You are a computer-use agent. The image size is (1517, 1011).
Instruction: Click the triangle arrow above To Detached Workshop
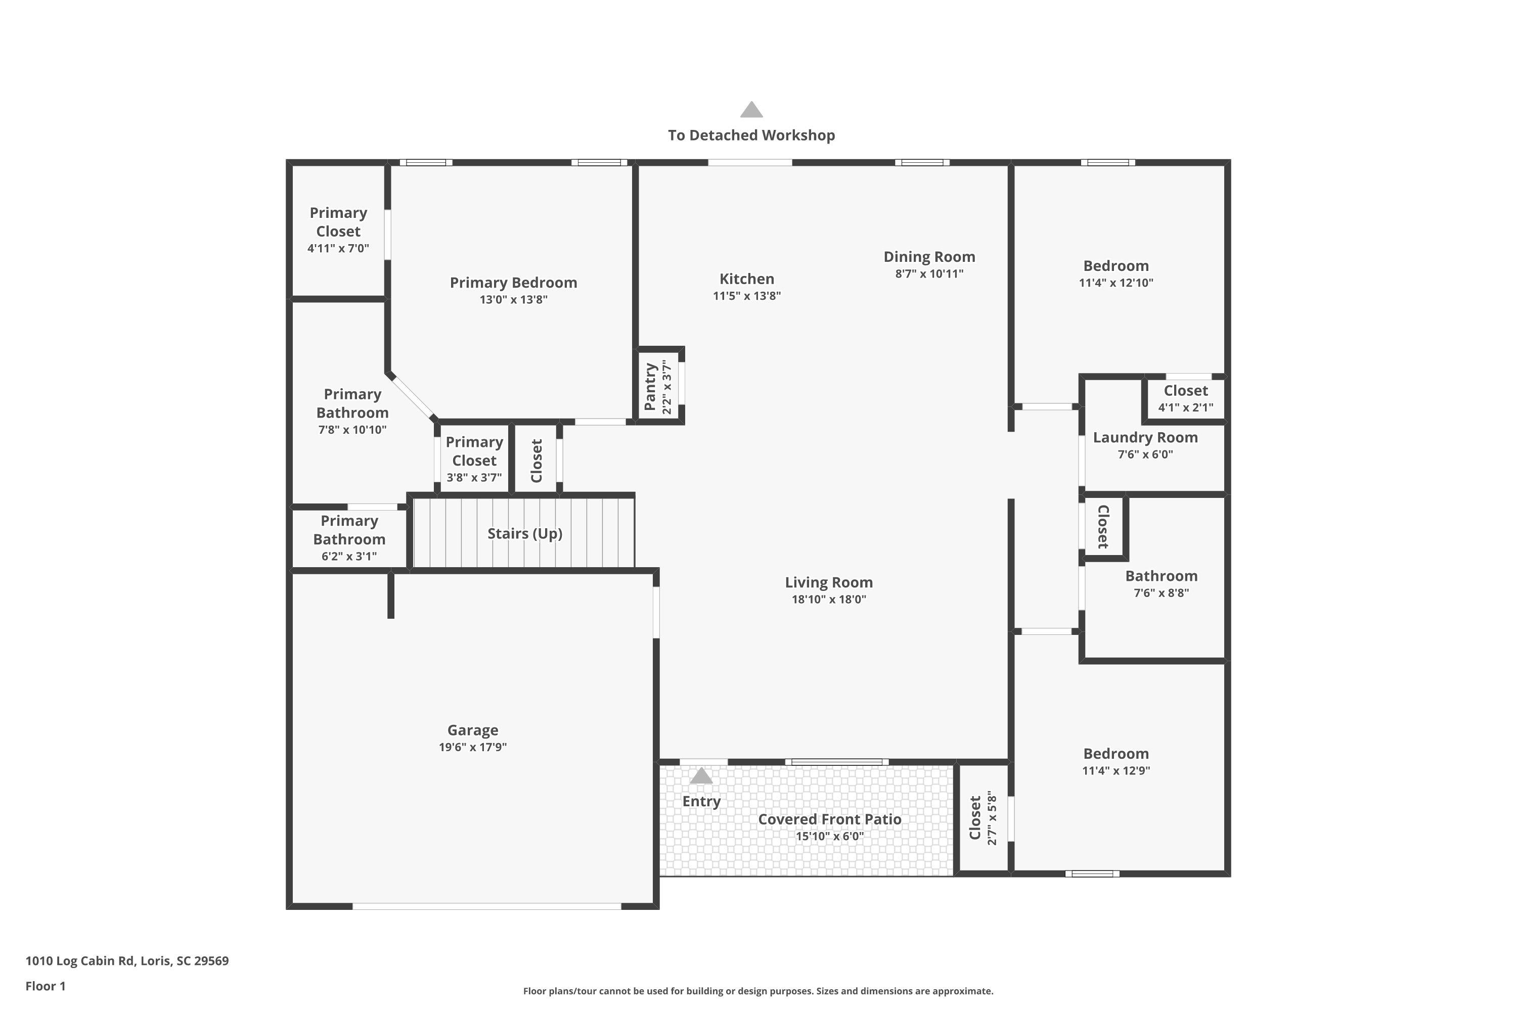(x=751, y=110)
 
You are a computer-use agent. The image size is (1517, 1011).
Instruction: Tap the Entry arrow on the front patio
(x=701, y=776)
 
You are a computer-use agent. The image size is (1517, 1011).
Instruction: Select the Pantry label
(x=650, y=386)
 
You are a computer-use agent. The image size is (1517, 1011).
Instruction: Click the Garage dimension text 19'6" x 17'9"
(x=473, y=747)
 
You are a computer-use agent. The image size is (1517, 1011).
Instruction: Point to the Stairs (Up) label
(x=524, y=533)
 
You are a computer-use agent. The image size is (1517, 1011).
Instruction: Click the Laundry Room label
(x=1145, y=437)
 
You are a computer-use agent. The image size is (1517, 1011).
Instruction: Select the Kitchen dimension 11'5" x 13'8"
(x=746, y=296)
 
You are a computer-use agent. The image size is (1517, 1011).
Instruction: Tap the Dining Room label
(x=929, y=257)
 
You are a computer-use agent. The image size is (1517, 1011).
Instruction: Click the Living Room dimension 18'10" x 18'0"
(x=829, y=599)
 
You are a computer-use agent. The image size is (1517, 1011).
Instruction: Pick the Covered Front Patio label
(x=829, y=819)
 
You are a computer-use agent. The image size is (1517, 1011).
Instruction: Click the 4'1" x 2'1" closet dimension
(x=1185, y=407)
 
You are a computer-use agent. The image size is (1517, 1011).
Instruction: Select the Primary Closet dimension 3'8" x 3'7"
(x=474, y=478)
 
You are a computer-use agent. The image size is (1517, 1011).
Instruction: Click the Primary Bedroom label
(x=513, y=283)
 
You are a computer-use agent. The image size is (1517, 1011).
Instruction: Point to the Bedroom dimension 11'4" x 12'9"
(x=1116, y=770)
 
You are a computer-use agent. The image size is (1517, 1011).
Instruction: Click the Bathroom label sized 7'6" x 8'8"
(x=1161, y=576)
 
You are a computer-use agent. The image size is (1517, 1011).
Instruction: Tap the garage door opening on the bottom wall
(x=487, y=906)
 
